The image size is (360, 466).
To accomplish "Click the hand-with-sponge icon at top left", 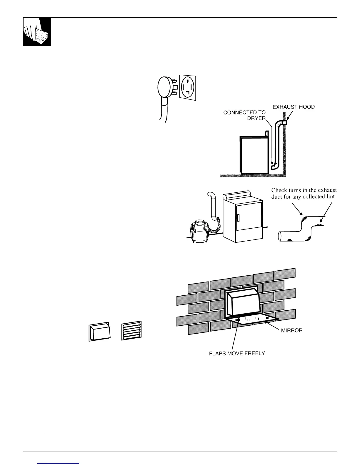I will coord(37,32).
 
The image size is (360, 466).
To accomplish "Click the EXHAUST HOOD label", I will coord(294,107).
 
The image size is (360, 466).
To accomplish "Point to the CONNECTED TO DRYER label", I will coord(245,115).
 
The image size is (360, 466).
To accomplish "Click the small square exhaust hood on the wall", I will coord(284,122).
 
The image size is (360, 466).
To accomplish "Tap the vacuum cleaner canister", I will coord(199,232).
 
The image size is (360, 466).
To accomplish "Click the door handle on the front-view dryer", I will coord(238,218).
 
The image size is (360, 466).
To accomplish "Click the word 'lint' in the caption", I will coord(330,197).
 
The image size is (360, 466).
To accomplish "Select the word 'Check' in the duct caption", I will coord(279,190).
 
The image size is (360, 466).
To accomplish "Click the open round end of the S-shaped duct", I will coord(281,236).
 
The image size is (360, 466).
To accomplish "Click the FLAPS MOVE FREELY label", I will coord(237,353).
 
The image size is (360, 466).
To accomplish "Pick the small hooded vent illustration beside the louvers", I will coord(99,332).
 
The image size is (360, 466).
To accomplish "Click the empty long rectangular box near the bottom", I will coord(180,428).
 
